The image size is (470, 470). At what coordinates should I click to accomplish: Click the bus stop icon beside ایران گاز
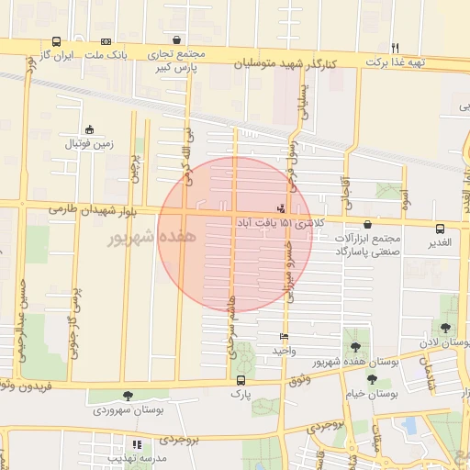coord(57,41)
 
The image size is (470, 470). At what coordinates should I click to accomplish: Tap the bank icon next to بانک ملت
coord(106,41)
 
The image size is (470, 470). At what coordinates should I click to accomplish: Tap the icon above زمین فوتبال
coord(89,130)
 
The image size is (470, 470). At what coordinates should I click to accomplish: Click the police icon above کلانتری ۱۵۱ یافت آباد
coord(281,207)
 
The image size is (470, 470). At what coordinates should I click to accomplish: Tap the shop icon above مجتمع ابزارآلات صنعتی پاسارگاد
coord(368,223)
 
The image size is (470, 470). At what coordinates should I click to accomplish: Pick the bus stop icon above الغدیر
coord(440,229)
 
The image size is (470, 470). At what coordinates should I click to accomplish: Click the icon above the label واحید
coord(284,337)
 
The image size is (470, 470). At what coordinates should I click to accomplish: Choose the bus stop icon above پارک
coord(241,379)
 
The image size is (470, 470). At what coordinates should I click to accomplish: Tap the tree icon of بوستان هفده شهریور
coord(355,347)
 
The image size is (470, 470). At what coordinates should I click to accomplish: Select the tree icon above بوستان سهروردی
coord(128,396)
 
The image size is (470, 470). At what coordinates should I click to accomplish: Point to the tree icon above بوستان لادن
coord(445,327)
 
